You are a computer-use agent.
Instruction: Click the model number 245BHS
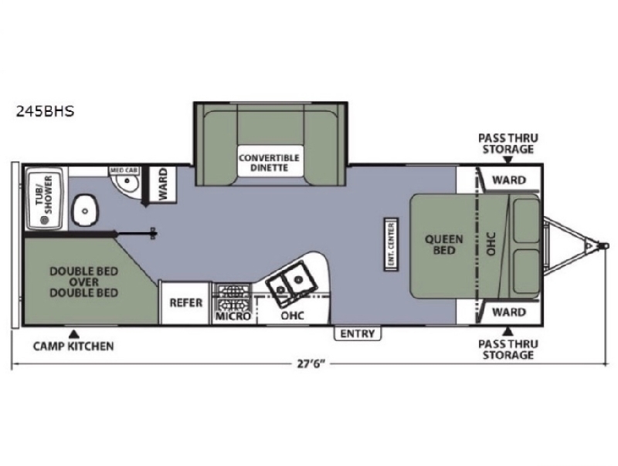point(45,111)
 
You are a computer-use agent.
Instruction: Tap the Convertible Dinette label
point(269,163)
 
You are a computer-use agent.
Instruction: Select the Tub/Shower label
point(44,195)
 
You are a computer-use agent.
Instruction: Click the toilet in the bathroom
point(85,210)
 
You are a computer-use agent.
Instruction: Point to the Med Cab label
point(124,171)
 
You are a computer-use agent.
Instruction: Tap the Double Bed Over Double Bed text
point(84,282)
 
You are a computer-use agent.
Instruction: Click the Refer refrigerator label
point(185,302)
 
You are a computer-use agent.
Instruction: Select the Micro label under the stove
point(233,316)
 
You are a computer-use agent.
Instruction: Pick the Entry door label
point(358,334)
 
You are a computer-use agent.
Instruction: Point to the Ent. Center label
point(391,245)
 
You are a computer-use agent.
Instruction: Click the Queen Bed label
point(443,245)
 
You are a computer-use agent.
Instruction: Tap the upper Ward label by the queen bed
point(509,181)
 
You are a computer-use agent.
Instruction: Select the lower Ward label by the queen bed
point(509,312)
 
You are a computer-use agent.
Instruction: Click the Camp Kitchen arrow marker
point(73,335)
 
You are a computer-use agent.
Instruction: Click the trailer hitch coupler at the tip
point(603,245)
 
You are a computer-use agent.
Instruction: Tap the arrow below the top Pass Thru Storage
point(508,160)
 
